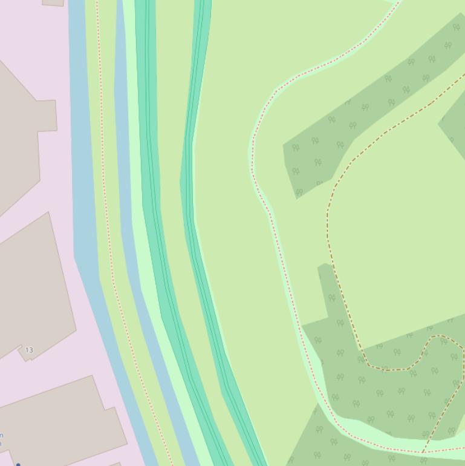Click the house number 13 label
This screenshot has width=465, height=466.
pyautogui.click(x=29, y=350)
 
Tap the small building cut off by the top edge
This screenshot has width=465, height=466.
pyautogui.click(x=53, y=2)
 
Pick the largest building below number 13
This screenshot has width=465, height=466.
pyautogui.click(x=57, y=421)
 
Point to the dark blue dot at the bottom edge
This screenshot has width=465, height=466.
pyautogui.click(x=18, y=464)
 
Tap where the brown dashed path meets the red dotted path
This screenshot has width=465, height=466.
pyautogui.click(x=423, y=451)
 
